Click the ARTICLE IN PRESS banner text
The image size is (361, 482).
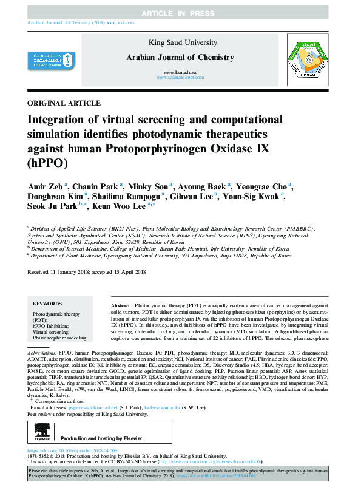tap(180, 13)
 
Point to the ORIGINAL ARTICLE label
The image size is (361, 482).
tap(64, 103)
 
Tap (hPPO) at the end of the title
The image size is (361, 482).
tap(44, 163)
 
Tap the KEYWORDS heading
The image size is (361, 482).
tap(47, 302)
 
